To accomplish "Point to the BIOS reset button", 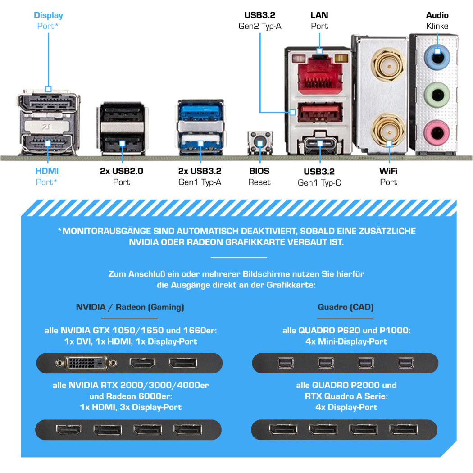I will (x=260, y=143).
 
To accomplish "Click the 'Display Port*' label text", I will (x=48, y=21).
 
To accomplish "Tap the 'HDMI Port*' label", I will (x=47, y=177).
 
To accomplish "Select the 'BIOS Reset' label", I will (x=259, y=177).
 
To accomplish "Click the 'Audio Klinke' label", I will (x=437, y=21).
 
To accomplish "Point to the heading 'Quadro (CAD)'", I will (x=346, y=307).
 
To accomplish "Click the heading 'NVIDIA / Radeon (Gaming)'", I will (x=130, y=307).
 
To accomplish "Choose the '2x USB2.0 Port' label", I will (x=122, y=177).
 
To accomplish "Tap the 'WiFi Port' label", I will (x=388, y=177).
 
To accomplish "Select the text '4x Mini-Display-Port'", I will (x=346, y=341).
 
